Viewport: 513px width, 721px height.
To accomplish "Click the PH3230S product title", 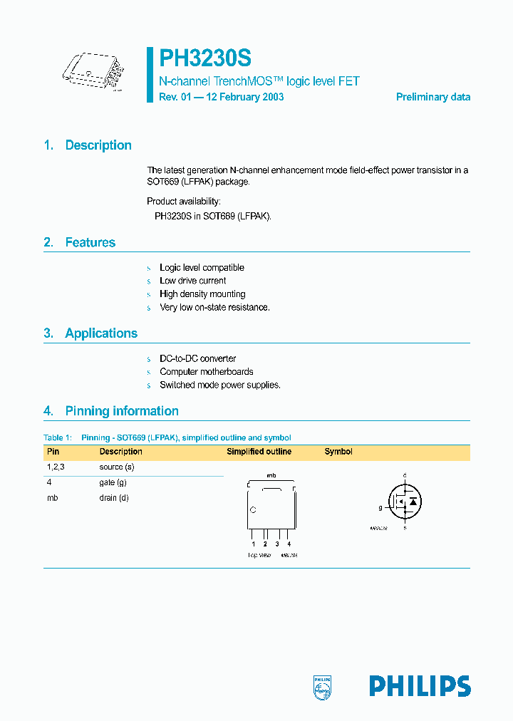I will (204, 58).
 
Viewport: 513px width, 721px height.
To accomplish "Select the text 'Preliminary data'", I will (432, 97).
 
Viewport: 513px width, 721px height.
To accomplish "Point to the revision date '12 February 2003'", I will (245, 97).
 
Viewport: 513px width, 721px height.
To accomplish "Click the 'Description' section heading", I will (98, 145).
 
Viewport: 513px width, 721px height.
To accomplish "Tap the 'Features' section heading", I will (90, 242).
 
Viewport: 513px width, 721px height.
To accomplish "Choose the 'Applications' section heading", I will (101, 333).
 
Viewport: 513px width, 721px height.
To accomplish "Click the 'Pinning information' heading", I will (121, 411).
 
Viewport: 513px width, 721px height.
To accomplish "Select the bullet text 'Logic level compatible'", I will (202, 268).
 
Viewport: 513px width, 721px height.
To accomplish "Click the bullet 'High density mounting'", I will (202, 294).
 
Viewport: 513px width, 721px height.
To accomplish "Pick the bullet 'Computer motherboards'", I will (206, 372).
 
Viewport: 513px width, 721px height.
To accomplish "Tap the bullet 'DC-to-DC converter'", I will (197, 359).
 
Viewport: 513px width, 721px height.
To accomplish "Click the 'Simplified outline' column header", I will (259, 452).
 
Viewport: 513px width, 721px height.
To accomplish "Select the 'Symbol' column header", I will (338, 452).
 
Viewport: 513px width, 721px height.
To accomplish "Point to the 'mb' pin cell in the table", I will (52, 498).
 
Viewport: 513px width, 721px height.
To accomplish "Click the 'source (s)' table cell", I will (117, 467).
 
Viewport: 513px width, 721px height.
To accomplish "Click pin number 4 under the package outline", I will (289, 544).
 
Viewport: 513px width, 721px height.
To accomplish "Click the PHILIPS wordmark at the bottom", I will (420, 685).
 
